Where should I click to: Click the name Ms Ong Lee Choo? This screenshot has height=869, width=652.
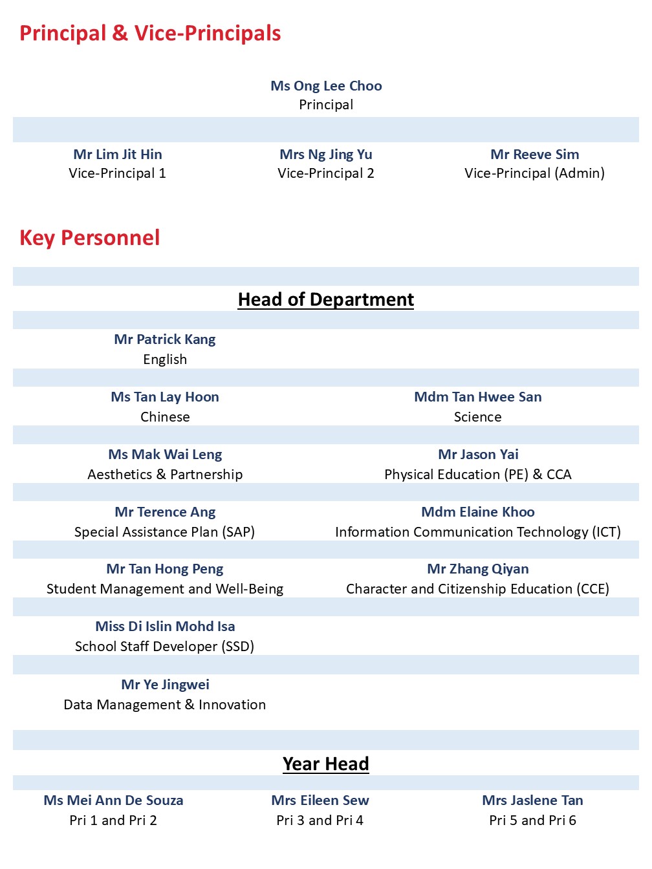tap(326, 86)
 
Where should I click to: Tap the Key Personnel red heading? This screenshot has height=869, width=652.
tap(90, 238)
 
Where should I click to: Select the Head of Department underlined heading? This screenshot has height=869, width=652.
tap(326, 299)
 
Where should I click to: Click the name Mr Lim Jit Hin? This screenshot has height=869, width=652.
tap(118, 155)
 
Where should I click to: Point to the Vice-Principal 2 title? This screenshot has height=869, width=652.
tap(326, 173)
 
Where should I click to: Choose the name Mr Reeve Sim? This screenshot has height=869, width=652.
tap(535, 155)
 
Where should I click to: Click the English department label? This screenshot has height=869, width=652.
tap(165, 359)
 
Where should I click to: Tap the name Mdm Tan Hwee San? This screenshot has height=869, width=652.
tap(478, 397)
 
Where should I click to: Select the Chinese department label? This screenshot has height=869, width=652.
tap(165, 417)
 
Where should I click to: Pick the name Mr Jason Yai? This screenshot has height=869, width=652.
tap(478, 455)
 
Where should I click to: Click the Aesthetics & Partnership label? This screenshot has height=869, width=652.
tap(165, 475)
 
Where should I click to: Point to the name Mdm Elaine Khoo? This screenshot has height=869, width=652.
tap(478, 512)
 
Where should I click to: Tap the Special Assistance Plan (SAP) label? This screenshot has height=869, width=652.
tap(165, 532)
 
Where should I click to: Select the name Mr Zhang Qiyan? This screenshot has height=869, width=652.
tap(478, 569)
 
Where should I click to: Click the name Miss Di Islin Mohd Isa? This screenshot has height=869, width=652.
tap(165, 627)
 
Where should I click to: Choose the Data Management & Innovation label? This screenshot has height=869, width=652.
tap(165, 705)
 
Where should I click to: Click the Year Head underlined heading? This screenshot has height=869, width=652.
tap(326, 764)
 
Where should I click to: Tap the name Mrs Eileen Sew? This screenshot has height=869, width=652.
tap(320, 800)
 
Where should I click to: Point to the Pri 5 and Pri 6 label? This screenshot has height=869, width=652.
tap(532, 821)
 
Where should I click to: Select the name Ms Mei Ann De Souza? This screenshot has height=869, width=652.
tap(113, 800)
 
